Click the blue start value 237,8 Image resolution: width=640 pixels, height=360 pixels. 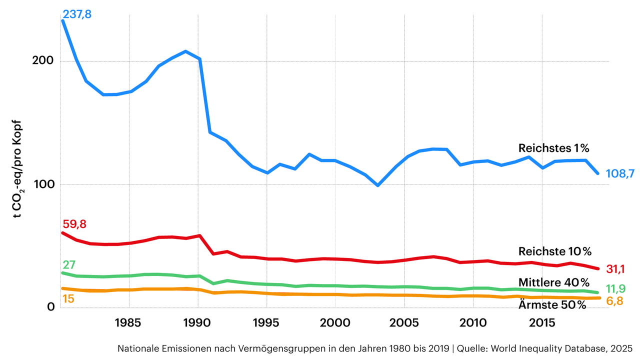77,14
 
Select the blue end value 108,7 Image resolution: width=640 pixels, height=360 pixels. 620,173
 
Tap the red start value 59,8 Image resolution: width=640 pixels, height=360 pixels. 74,224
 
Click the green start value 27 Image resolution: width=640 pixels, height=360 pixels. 68,265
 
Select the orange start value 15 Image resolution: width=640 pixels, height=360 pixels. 68,299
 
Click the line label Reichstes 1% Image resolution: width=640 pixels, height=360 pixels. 554,148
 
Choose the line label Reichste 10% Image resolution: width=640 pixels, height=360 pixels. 555,251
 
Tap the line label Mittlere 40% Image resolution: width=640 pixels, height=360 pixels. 554,282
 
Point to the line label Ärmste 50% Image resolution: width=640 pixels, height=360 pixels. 551,305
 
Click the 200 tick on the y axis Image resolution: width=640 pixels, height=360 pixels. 43,61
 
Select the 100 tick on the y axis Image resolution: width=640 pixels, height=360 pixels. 43,184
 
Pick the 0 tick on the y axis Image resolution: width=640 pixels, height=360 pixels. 50,307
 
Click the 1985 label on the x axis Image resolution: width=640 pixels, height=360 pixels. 129,322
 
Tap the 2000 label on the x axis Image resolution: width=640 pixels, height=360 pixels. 335,322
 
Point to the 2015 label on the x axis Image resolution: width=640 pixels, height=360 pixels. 541,322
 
